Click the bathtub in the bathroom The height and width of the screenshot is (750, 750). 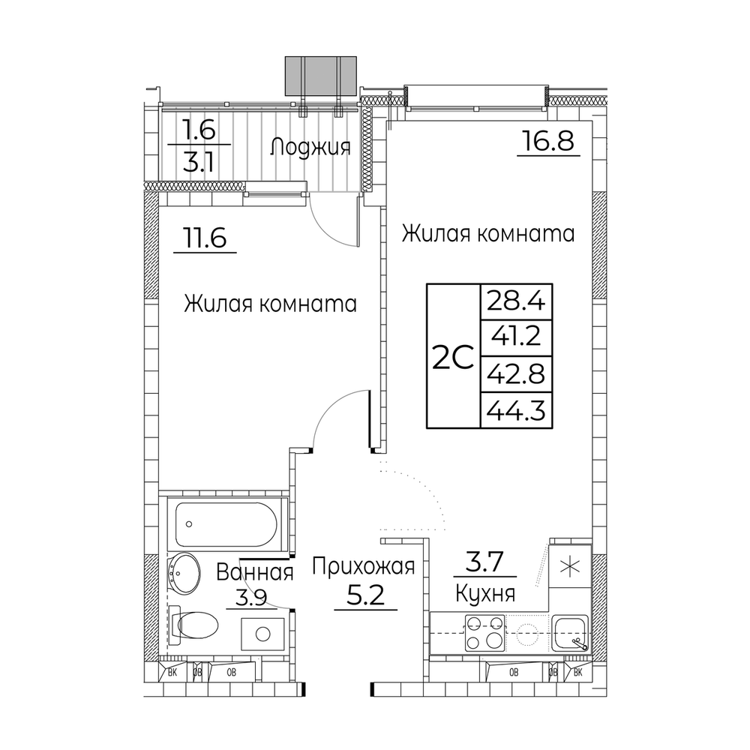coord(226,525)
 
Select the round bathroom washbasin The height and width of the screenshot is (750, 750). coord(184,573)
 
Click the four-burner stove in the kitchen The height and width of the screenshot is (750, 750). coord(485,632)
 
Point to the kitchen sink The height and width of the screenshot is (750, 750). coord(569,632)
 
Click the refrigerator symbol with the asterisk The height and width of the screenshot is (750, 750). coord(571,567)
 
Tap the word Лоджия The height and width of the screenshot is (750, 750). coord(310,147)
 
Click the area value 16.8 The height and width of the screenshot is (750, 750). coord(547,141)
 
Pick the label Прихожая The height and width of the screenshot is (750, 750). coord(364,567)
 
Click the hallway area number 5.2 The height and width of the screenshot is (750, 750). coord(365,595)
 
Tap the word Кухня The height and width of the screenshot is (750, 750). coord(485,594)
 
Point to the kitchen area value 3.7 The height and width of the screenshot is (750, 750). coord(485,562)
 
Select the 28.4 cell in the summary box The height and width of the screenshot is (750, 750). coord(516,301)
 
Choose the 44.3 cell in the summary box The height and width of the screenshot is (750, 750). coord(516,410)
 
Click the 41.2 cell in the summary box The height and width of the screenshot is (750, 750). coord(516,337)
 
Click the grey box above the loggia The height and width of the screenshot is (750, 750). coord(320,76)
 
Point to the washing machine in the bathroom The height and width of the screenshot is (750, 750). coord(262,634)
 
